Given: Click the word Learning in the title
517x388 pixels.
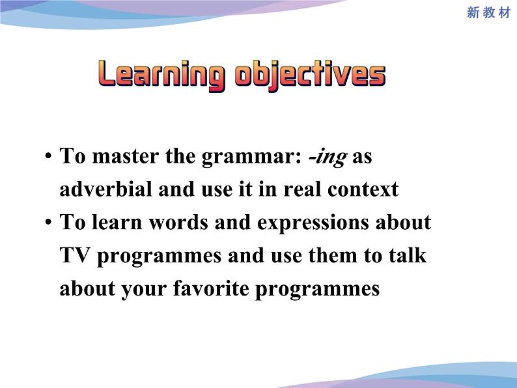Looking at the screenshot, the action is [161, 75].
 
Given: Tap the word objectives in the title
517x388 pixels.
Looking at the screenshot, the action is [310, 75].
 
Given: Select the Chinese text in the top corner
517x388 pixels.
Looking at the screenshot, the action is [488, 12].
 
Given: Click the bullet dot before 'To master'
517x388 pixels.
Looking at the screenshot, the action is [48, 156].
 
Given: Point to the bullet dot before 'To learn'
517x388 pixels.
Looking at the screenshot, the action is [48, 222].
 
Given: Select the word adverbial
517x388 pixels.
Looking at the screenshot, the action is [105, 189].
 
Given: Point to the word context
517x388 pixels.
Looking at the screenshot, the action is [363, 189].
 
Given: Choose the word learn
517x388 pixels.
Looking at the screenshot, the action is [117, 222].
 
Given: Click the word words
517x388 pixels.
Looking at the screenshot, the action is [178, 222].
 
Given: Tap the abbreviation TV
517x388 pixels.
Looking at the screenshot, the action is [75, 255].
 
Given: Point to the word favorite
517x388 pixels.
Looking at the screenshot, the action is [211, 288].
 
